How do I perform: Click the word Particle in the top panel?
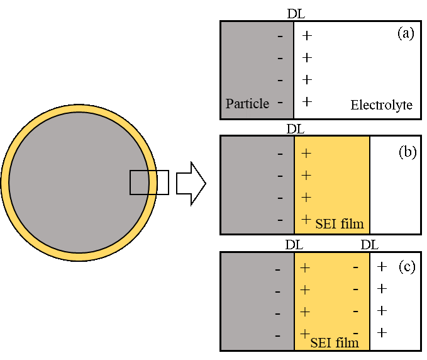point(247,104)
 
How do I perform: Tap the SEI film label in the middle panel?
point(340,223)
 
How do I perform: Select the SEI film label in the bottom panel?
point(335,342)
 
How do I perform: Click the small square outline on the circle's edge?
point(143,183)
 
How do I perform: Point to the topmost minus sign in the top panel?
point(280,37)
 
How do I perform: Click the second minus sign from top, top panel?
point(280,59)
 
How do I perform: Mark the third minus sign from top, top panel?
point(280,81)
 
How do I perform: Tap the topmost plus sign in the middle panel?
point(306,153)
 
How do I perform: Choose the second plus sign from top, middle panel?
point(306,175)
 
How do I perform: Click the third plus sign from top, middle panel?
point(306,197)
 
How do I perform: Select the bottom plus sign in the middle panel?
point(306,219)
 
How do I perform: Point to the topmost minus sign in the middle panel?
point(280,154)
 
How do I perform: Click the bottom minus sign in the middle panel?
point(280,220)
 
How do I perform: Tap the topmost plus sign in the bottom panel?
point(305,267)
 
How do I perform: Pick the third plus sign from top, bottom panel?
point(305,312)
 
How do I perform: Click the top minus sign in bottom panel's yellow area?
point(355,267)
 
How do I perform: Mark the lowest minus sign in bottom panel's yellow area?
point(355,332)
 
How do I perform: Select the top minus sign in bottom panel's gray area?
point(277,270)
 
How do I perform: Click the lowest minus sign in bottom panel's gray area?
point(277,336)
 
